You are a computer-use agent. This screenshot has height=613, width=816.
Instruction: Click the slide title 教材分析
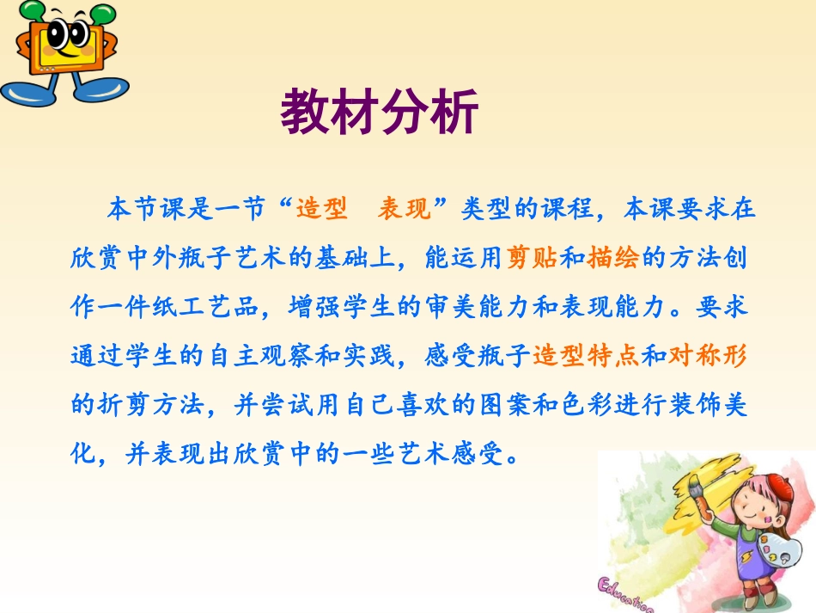coord(379,113)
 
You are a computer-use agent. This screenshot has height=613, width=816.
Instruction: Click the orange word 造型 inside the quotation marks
coord(321,209)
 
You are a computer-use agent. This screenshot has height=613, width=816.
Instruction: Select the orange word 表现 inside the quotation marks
coord(404,209)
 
